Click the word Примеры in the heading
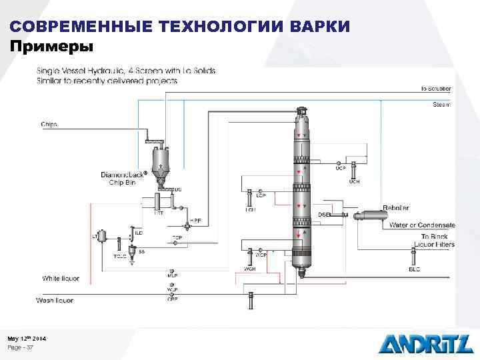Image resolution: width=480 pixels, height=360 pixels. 52,47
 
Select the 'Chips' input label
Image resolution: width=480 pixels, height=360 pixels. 49,123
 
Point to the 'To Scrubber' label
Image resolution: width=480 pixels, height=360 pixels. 435,89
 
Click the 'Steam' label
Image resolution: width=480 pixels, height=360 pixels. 441,104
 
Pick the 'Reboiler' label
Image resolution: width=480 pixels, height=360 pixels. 396,208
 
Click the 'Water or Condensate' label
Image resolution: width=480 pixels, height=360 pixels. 422,225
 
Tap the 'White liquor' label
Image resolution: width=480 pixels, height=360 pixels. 61,278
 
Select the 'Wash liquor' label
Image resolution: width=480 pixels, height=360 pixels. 55,301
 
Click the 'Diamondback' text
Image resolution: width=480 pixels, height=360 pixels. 124,175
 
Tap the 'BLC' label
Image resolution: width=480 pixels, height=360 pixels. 415,269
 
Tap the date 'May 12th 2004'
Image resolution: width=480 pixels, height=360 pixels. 27,339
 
